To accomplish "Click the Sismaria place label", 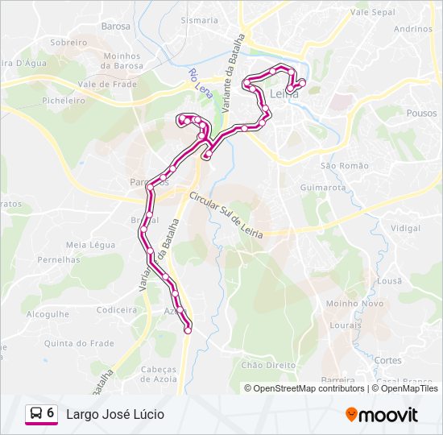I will tap(199, 20).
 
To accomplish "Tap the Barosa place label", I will tap(116, 26).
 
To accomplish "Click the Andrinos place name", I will tap(413, 29).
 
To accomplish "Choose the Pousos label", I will tap(421, 114).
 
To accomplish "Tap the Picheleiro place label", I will tap(64, 101).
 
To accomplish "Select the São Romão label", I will tap(344, 165).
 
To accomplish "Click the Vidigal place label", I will tap(405, 229).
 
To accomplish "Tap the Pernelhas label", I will tap(59, 260).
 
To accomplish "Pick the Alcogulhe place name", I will tap(47, 315).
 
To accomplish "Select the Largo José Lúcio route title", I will tap(115, 414).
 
